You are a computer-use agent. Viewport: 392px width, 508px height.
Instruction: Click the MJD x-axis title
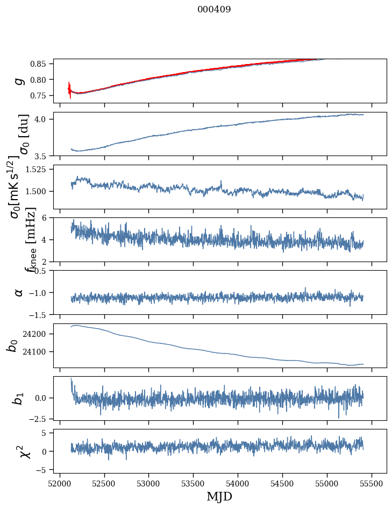pos(219,496)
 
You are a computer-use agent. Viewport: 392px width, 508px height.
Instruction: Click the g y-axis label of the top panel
pos(19,81)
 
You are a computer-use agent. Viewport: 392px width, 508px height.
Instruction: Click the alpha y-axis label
pos(19,292)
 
